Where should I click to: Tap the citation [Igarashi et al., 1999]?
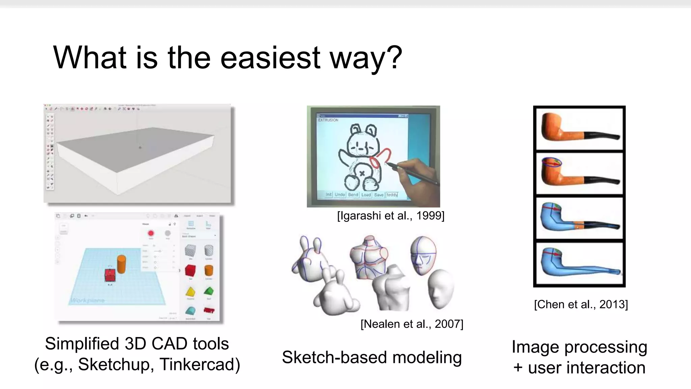click(391, 215)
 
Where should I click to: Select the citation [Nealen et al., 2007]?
click(412, 324)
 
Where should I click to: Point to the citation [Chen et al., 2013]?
click(581, 304)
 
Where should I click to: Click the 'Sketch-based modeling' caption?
click(371, 357)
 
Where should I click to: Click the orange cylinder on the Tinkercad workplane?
click(121, 264)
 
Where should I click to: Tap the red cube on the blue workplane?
click(110, 275)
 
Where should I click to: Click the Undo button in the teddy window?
click(339, 195)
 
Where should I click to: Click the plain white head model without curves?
click(440, 289)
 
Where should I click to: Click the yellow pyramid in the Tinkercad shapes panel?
click(191, 291)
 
